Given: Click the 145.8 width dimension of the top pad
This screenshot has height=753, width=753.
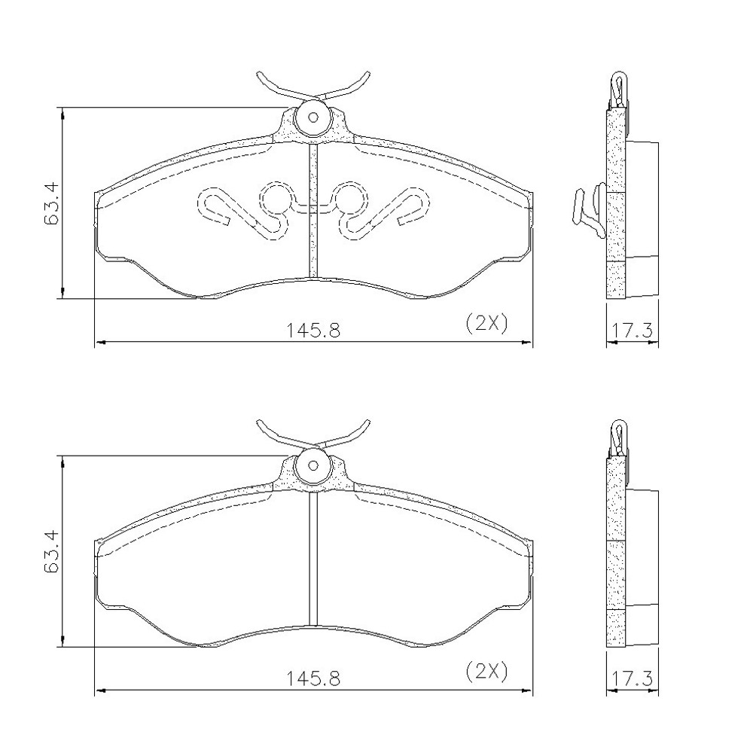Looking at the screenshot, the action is coord(313,331).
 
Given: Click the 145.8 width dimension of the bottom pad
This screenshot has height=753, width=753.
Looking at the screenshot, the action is coord(313,678).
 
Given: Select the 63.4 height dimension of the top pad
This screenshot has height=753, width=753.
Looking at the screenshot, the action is coord(51,203).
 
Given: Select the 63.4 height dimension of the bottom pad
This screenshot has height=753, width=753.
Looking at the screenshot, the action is coord(51,551).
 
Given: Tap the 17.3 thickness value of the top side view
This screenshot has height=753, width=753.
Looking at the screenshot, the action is coord(632,331).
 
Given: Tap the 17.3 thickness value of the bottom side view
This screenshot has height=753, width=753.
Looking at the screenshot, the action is coord(632,678).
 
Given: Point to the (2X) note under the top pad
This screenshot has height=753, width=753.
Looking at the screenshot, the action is coord(486,324).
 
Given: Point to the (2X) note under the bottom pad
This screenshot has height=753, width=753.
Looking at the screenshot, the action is coord(486,672).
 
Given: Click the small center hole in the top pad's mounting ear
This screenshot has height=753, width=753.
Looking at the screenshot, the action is coord(313,117).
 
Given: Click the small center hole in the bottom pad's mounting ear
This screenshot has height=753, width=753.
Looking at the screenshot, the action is coord(313,465).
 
